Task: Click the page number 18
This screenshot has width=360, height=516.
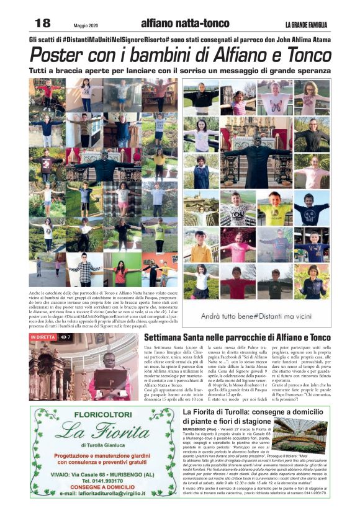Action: click(x=42, y=24)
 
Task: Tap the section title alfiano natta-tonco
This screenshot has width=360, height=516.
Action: click(x=176, y=24)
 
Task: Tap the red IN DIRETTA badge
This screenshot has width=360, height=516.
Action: click(x=42, y=337)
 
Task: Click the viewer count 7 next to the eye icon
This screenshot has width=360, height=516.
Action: click(x=68, y=337)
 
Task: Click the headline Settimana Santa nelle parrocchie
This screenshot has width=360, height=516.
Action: click(x=237, y=337)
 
